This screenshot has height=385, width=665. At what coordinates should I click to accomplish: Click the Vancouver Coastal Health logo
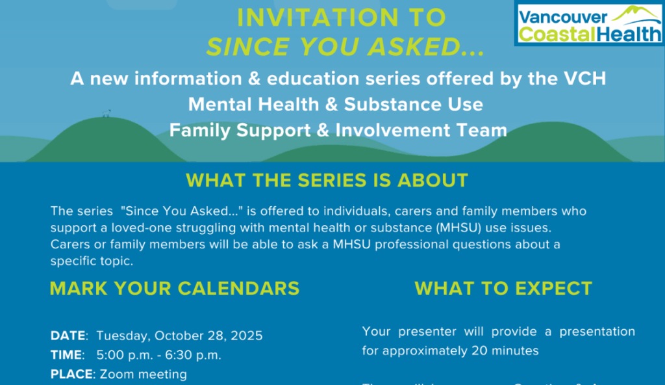(x=588, y=24)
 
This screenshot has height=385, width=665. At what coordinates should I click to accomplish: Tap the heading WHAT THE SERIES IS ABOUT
(x=327, y=180)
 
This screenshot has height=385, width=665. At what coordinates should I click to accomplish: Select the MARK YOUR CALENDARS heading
(x=175, y=288)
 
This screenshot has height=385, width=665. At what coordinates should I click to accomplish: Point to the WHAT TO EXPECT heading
(x=503, y=288)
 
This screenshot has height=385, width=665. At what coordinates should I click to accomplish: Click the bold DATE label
(x=68, y=336)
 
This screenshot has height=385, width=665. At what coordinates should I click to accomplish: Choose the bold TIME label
(x=67, y=355)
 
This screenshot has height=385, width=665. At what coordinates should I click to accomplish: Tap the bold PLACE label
(x=71, y=375)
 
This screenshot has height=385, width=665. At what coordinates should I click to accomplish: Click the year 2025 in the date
(x=247, y=336)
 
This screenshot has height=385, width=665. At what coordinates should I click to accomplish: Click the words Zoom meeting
(x=144, y=375)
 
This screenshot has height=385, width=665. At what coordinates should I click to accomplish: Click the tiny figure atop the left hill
(x=106, y=114)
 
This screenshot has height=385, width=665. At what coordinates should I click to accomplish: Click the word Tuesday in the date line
(x=123, y=336)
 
